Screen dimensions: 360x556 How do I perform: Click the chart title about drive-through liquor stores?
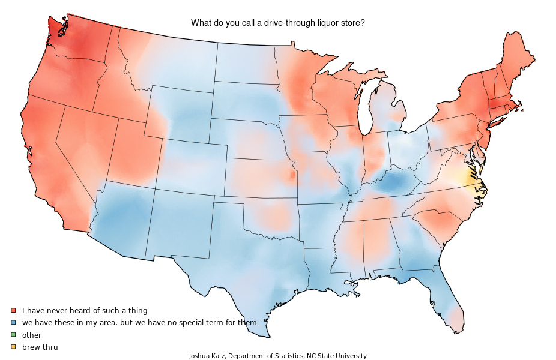pyautogui.click(x=278, y=23)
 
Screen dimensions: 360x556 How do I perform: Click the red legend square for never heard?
pyautogui.click(x=13, y=310)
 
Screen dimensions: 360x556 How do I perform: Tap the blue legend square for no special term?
pyautogui.click(x=13, y=322)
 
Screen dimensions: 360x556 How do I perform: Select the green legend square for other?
pyautogui.click(x=13, y=335)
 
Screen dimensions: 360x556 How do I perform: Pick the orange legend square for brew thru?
pyautogui.click(x=13, y=347)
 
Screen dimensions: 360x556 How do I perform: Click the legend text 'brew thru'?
pyautogui.click(x=40, y=347)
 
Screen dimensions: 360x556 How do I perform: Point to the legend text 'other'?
pyautogui.click(x=32, y=335)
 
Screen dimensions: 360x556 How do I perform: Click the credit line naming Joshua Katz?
pyautogui.click(x=277, y=356)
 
